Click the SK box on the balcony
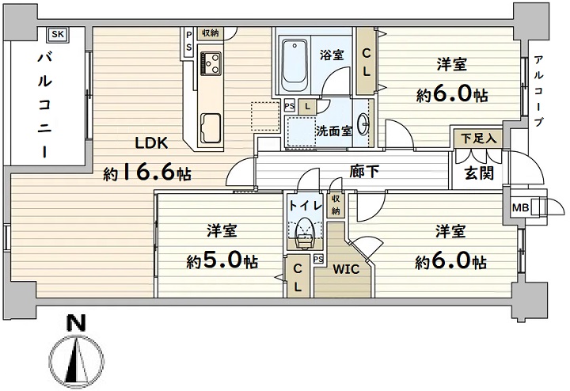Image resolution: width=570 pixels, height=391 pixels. pyautogui.click(x=58, y=35)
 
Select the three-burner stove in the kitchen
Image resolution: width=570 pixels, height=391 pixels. pyautogui.click(x=210, y=63)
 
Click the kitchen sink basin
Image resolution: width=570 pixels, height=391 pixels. pyautogui.click(x=210, y=127)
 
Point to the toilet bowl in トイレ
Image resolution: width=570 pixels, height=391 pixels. pyautogui.click(x=304, y=236)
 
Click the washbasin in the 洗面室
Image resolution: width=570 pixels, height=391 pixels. pyautogui.click(x=363, y=124)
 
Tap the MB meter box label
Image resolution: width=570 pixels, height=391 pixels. pyautogui.click(x=521, y=208)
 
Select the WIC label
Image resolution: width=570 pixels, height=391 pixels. pyautogui.click(x=346, y=269)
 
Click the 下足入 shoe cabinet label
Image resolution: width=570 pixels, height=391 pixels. pyautogui.click(x=478, y=138)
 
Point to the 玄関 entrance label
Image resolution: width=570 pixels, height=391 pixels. pyautogui.click(x=479, y=173)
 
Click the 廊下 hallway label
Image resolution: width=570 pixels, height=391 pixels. pyautogui.click(x=364, y=172)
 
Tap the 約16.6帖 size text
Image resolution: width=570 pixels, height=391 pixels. pyautogui.click(x=147, y=173)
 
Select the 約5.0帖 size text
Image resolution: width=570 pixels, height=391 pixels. pyautogui.click(x=222, y=260)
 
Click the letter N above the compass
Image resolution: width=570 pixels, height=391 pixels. pyautogui.click(x=77, y=323)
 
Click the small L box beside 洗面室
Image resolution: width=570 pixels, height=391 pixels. pyautogui.click(x=307, y=107)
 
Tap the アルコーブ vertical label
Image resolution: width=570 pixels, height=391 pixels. pyautogui.click(x=539, y=90)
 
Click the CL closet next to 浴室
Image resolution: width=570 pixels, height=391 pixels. pyautogui.click(x=367, y=62)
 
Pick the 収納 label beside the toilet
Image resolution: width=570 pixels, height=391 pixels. pyautogui.click(x=336, y=204)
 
